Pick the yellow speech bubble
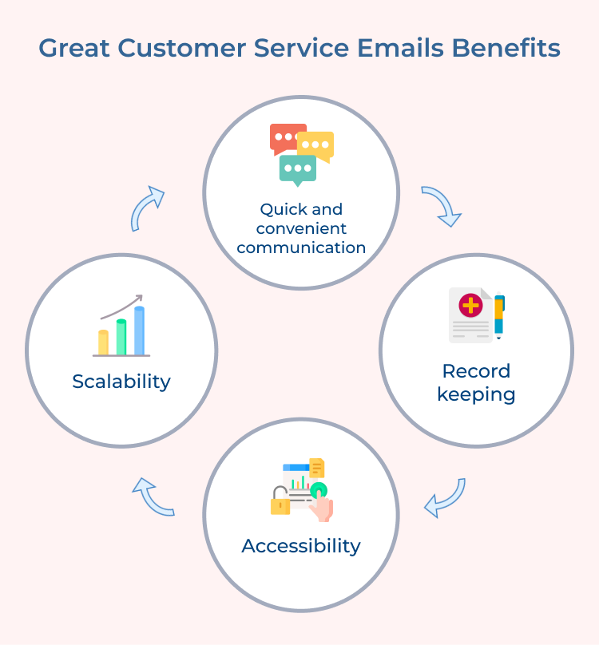coord(317,145)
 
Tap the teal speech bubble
coord(298,168)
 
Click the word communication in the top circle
coord(301,247)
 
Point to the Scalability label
coord(121,382)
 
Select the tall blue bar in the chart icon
coord(140,330)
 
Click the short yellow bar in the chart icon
coord(103,342)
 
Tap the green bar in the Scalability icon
coord(121,336)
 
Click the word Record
coord(476,371)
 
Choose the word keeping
coord(476,394)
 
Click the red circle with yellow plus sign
coord(470,305)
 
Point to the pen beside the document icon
coord(499,316)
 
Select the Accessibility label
coord(301,546)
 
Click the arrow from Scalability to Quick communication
coord(147,208)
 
